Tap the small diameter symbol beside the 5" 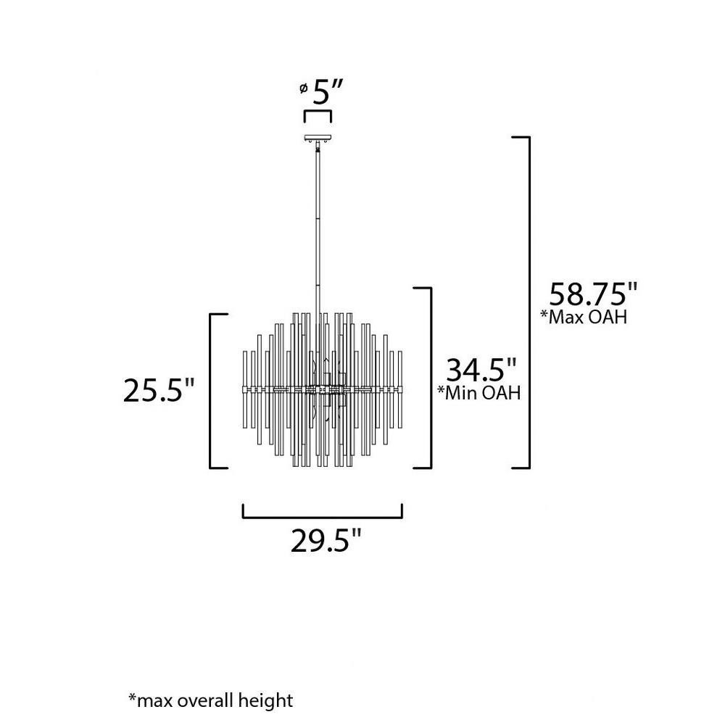(x=303, y=88)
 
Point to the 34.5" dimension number (x=481, y=369)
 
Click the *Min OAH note (x=479, y=392)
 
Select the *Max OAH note (x=584, y=318)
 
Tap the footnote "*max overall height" (x=210, y=700)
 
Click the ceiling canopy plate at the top (x=318, y=138)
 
